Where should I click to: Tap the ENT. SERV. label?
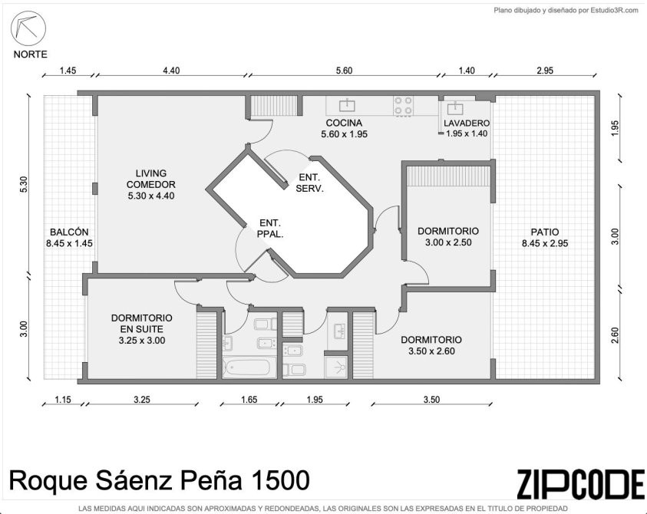point(309,183)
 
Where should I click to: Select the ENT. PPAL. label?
point(270,229)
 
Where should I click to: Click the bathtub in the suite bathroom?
point(249,367)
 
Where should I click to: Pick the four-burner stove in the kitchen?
point(403,105)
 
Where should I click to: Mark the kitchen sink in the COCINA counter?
point(347,105)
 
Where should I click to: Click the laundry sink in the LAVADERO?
point(455,107)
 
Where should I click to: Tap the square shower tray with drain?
point(337,367)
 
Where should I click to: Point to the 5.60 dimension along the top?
point(344,71)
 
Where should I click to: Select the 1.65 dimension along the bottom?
point(249,400)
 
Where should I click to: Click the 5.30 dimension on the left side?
point(24,184)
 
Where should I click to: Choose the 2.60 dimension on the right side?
point(615,335)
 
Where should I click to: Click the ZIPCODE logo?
point(581,483)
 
